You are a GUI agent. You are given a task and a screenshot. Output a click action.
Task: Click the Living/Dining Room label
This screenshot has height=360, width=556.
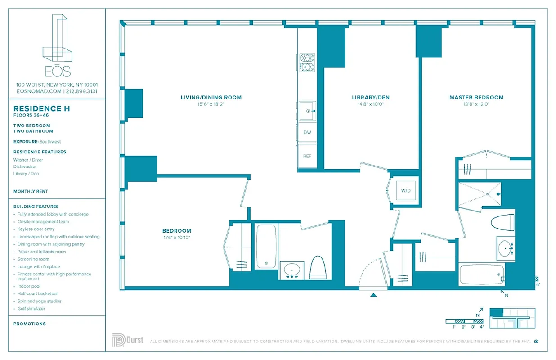[x=211, y=97]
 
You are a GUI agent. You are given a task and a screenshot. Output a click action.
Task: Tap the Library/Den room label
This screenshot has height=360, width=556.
[x=371, y=97]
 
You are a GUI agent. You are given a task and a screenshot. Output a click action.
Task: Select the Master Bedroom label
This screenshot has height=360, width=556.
[x=476, y=97]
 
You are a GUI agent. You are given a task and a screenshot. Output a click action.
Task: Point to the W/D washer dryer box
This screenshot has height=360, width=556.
[x=406, y=191]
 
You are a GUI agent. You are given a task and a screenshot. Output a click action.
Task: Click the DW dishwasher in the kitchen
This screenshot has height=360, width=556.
[x=307, y=133]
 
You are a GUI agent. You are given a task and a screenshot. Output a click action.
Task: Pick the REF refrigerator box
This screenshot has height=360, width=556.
[x=307, y=156]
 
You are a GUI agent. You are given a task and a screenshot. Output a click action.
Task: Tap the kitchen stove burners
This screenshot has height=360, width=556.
[x=307, y=63]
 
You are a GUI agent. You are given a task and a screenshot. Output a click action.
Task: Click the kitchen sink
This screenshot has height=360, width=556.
[x=307, y=111]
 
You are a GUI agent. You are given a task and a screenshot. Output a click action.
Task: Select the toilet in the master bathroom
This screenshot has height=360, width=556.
[x=503, y=222]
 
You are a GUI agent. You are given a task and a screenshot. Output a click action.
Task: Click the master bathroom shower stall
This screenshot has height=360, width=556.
[x=480, y=194]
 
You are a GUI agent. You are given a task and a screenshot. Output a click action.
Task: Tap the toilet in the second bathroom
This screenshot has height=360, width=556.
[x=318, y=267]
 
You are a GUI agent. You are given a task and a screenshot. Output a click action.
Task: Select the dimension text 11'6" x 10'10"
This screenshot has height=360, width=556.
[x=177, y=238]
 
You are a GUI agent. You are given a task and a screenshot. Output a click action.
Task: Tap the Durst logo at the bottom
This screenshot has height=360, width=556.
[x=128, y=340]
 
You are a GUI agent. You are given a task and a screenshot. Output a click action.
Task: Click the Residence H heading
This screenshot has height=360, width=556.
[x=42, y=108]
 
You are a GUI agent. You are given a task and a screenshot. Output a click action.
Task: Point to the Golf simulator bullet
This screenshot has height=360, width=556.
[x=31, y=309]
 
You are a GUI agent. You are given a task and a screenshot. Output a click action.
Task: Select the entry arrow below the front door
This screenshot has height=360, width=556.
[x=373, y=295]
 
